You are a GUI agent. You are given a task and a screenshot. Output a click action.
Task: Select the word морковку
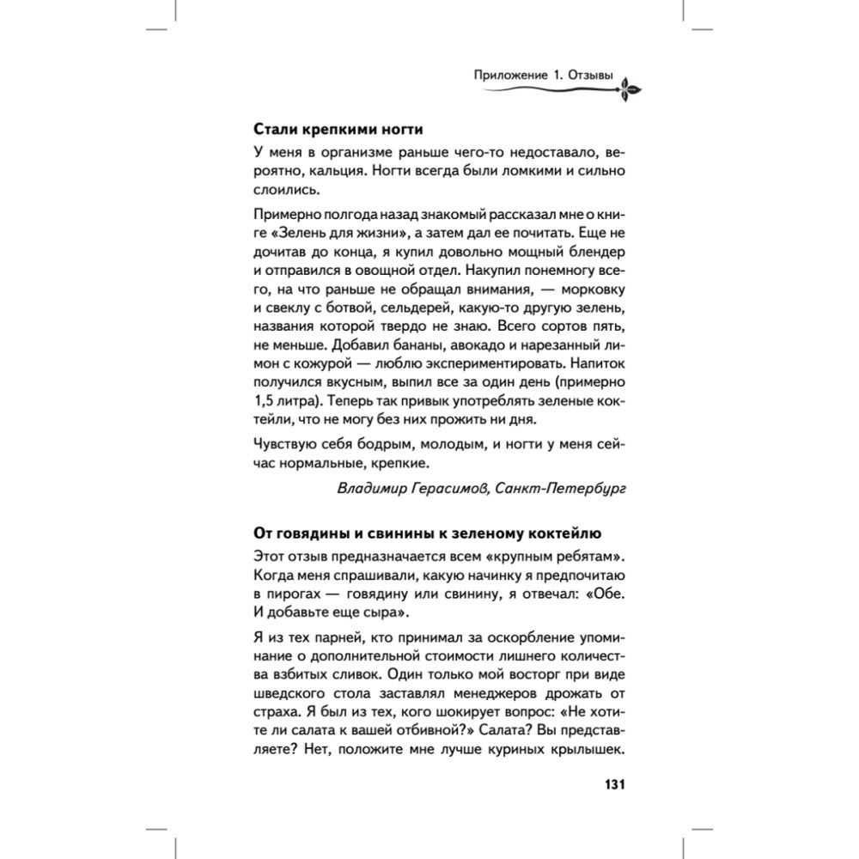589,289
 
